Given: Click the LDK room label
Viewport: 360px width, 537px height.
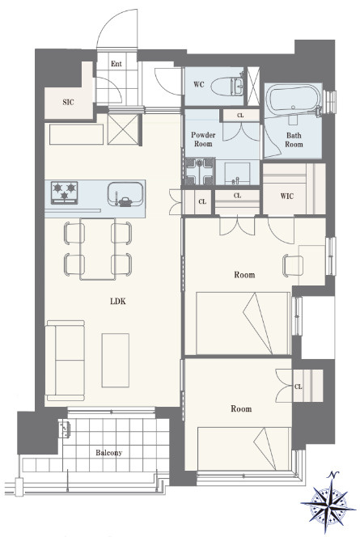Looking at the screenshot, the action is click(118, 302).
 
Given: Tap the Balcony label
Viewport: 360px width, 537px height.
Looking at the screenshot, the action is click(108, 453).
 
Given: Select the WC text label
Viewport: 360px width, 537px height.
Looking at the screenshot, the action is click(199, 84).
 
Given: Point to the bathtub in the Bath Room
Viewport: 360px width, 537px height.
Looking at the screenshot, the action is click(294, 99).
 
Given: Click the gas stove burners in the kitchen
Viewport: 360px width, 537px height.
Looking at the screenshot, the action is click(65, 192).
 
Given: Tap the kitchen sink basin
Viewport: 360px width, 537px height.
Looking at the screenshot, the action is click(125, 194).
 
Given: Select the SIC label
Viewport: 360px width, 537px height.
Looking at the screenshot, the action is click(68, 102).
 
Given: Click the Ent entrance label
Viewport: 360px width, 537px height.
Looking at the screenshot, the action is click(116, 64).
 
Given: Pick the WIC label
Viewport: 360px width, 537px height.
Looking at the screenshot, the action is click(286, 197).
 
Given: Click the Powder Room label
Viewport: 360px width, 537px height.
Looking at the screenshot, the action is click(203, 139).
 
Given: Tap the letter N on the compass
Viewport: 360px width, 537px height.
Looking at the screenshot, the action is click(332, 475).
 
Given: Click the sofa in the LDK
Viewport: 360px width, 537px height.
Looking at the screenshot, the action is click(65, 361).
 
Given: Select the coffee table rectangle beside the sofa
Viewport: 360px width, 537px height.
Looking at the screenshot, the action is click(116, 360).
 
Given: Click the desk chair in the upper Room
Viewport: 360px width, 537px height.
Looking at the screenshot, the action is click(293, 266).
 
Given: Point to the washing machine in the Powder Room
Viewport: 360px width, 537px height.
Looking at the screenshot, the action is click(200, 171).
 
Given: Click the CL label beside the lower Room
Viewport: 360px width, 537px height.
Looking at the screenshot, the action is click(298, 387).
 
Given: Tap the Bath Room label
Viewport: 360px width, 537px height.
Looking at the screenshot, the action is click(294, 140).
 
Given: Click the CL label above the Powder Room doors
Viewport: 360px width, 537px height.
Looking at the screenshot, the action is click(240, 116).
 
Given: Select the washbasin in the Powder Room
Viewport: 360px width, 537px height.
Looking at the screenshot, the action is click(237, 174).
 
